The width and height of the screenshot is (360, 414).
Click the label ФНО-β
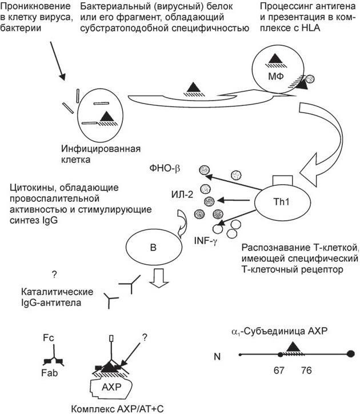point(163,167)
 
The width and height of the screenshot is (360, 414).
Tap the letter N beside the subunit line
point(217,356)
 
